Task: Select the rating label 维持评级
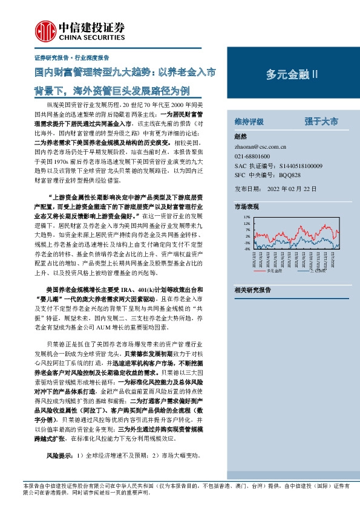coord(249,122)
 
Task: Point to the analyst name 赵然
coord(240,137)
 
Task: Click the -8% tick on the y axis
coord(246,249)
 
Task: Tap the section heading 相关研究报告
coord(252,290)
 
